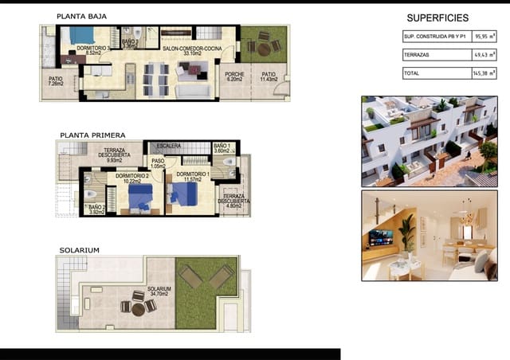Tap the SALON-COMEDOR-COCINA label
[190, 51]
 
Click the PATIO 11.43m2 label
[269, 77]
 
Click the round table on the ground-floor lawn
[264, 49]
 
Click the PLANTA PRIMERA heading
[92, 135]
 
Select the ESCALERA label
[169, 146]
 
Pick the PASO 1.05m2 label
[158, 163]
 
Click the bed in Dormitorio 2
[141, 196]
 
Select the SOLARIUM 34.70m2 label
[159, 292]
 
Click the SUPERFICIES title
[437, 18]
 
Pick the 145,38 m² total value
[483, 72]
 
